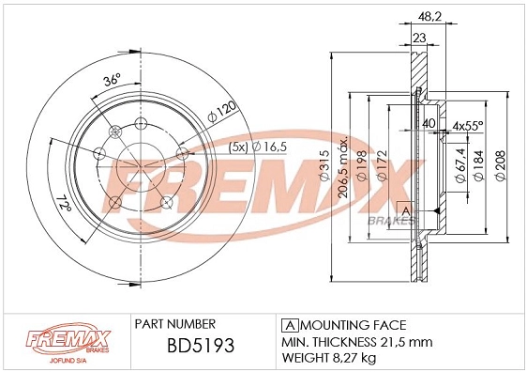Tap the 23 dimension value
click(x=418, y=37)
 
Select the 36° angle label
click(x=112, y=81)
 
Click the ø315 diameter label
click(x=324, y=164)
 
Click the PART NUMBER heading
click(x=175, y=322)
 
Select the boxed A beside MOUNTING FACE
click(x=288, y=322)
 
